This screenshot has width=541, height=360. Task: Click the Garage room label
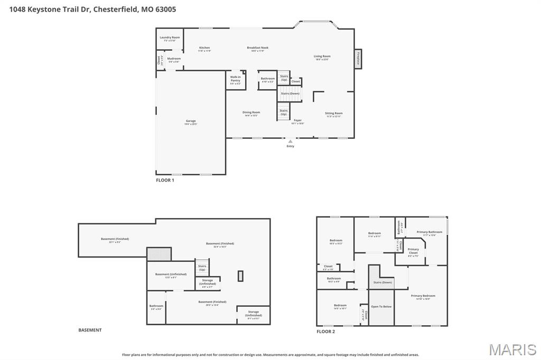[x=190, y=122]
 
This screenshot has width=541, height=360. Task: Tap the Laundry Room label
[x=170, y=38]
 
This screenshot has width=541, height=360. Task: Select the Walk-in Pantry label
[x=235, y=79]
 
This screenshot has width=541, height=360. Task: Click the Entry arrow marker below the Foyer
[x=290, y=141]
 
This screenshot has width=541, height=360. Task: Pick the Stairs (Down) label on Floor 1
[x=290, y=93]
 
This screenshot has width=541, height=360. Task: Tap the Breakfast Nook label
[x=257, y=48]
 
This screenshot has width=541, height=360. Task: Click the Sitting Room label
[x=333, y=113]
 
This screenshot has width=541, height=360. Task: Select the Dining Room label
[x=251, y=112]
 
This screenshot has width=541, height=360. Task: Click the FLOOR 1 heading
[x=165, y=180]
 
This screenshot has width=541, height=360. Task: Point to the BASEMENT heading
[x=90, y=330]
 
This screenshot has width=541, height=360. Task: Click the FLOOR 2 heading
[x=325, y=331]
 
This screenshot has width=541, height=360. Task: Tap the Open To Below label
[x=381, y=306]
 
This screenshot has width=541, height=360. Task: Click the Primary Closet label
[x=413, y=251]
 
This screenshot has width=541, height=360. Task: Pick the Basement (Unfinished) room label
[x=171, y=274]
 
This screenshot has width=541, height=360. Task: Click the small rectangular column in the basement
[x=240, y=276]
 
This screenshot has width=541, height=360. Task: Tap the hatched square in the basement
[x=158, y=254]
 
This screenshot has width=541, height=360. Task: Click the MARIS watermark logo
[x=512, y=349]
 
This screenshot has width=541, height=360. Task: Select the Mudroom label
[x=174, y=59]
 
